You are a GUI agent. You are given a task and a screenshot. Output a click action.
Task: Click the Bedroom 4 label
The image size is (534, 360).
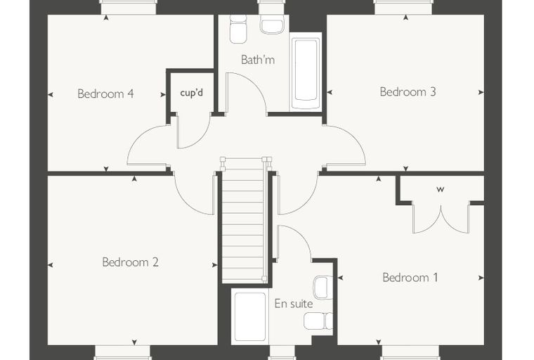105,94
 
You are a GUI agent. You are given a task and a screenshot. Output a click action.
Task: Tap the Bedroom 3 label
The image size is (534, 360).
408,91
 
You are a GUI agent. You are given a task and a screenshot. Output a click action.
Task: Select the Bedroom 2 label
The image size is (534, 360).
130,262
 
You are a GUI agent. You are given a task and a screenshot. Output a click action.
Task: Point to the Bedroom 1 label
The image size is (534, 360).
410,277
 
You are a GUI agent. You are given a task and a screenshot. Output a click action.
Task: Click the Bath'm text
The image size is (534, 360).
258,60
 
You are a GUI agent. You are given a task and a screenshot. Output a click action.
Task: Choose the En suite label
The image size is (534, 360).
294,304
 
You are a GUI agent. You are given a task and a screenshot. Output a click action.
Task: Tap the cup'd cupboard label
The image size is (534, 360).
191,93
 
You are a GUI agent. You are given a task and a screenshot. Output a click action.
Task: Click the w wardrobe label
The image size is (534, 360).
441,190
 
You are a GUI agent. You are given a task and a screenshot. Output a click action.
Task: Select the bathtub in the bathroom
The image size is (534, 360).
306,72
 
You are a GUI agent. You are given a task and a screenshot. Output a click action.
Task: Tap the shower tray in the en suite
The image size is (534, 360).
250,316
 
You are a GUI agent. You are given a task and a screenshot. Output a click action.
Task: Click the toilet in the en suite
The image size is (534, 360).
319,321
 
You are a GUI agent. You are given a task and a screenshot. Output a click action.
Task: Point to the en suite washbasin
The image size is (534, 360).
323,288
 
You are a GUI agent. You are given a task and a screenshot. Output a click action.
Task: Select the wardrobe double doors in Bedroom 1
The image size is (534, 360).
441,219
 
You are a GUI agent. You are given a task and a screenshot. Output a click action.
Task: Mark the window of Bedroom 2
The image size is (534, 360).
122,352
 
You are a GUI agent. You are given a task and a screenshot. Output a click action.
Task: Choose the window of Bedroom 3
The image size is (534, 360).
403,7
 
